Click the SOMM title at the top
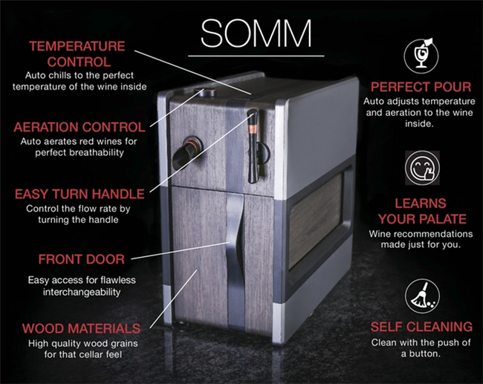coord(256,33)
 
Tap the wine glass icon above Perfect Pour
coord(421,56)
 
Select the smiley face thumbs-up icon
coord(422,168)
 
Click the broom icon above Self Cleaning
coord(422,296)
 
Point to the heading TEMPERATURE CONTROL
coord(77,54)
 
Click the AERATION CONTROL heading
coord(80,127)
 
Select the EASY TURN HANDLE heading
coord(80,194)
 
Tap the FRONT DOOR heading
coord(81,259)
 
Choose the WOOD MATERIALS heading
coord(81,328)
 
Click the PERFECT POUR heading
coord(421,87)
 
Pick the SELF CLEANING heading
coord(421,327)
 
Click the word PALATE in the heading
coord(445,219)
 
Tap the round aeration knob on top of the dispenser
coord(205,92)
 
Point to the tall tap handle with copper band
coord(253,146)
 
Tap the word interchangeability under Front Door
coord(82,292)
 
